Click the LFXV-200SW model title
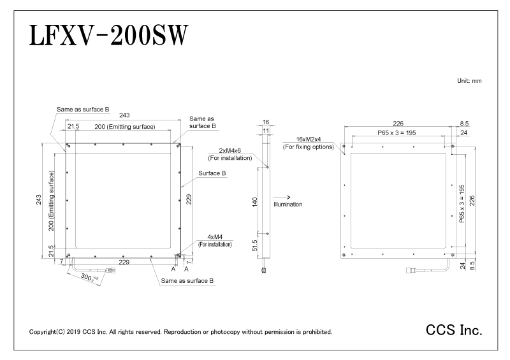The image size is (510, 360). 108,36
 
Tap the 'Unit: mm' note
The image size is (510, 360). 469,81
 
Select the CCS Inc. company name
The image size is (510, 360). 454,330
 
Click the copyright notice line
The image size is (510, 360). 180,332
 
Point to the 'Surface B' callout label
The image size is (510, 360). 212,173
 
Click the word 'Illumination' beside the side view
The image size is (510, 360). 288,205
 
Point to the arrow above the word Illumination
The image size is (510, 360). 282,197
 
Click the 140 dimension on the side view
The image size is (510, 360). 254,201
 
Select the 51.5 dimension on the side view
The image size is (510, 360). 254,245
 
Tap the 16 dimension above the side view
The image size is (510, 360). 266,122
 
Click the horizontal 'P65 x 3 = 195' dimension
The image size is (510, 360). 397,133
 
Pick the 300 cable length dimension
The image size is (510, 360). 89,278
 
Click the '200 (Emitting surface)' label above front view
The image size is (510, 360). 125,127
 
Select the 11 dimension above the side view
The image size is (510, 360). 266,131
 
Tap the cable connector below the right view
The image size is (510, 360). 410,270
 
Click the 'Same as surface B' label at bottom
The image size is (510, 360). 187,280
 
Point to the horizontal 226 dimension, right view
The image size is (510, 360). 398,123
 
